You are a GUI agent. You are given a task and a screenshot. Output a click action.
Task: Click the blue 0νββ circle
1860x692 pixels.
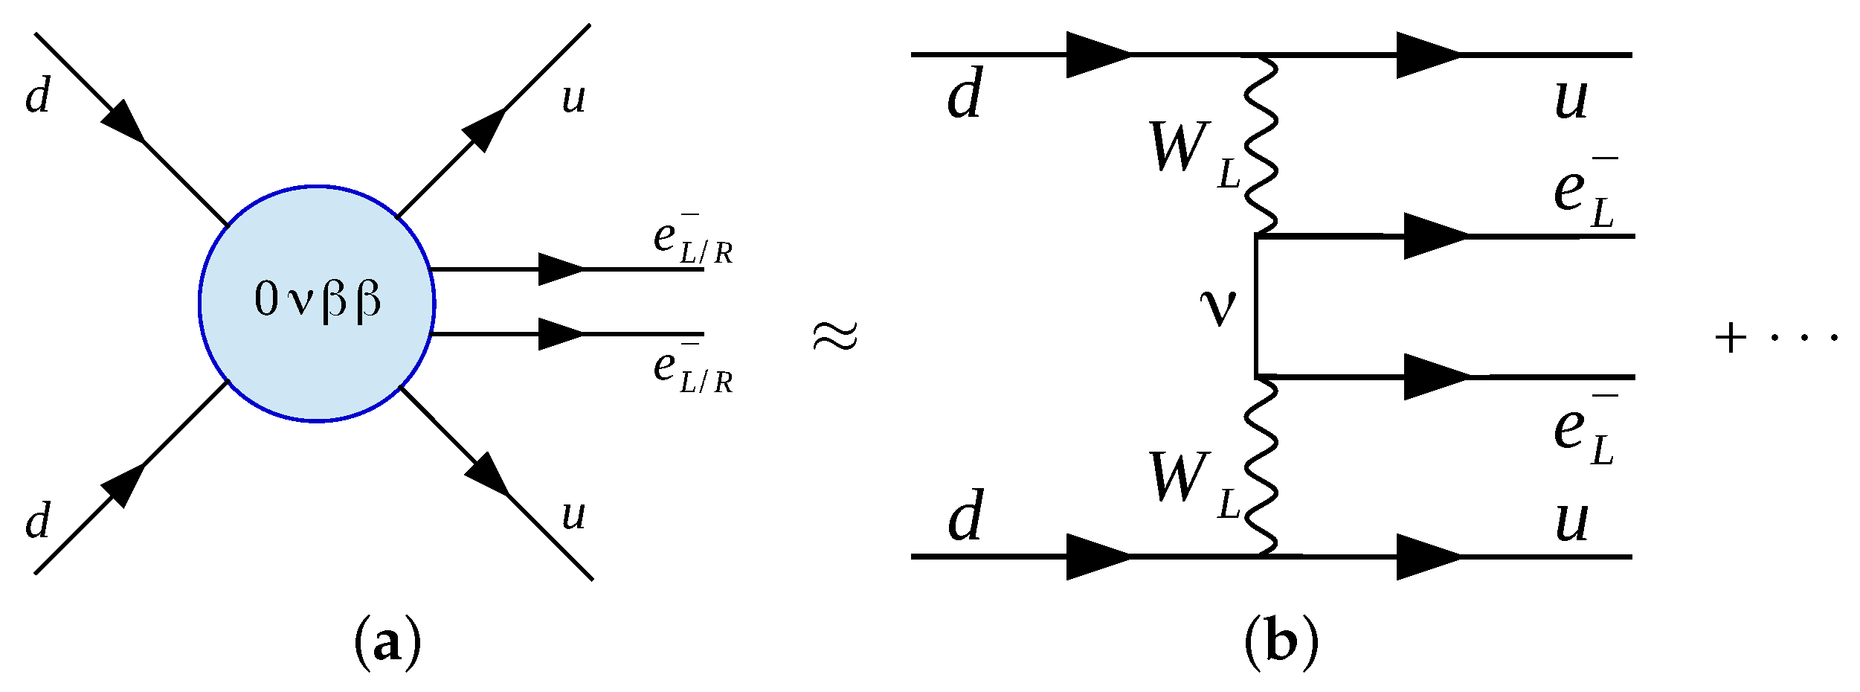pos(318,304)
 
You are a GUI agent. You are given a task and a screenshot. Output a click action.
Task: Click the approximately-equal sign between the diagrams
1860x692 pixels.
pos(835,336)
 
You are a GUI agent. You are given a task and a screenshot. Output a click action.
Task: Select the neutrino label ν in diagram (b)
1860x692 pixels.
pos(1218,307)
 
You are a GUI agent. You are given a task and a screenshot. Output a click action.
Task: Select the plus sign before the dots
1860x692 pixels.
pos(1731,339)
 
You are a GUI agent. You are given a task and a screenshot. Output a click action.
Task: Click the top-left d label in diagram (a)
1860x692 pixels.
pos(38,96)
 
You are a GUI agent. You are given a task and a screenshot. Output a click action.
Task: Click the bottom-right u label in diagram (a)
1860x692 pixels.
pos(573,514)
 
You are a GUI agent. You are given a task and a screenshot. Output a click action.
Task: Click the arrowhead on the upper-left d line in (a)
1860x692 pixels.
pos(124,121)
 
